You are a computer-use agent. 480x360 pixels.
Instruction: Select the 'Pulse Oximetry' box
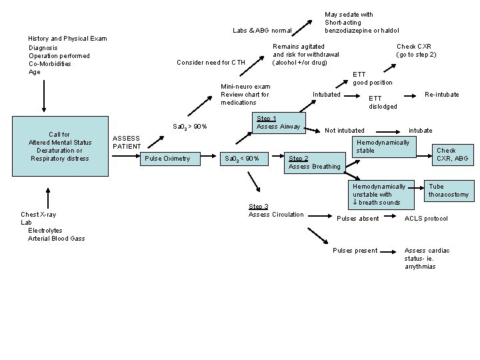(167, 158)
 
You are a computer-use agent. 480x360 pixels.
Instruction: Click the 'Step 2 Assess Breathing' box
(314, 162)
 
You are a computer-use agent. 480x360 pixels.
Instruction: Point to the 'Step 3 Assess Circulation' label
(276, 211)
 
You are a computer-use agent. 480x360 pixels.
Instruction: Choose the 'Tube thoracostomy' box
(449, 191)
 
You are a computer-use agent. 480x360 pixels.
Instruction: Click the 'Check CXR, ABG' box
(452, 155)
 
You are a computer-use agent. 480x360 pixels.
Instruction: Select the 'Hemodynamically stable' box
(383, 147)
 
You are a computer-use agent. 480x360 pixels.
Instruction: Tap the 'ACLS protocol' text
(426, 219)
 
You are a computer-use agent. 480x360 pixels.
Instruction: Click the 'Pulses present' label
(355, 251)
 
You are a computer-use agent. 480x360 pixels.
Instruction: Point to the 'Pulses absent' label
(359, 219)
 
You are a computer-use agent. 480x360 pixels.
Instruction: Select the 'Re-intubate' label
(442, 95)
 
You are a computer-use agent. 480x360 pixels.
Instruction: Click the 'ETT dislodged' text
(383, 102)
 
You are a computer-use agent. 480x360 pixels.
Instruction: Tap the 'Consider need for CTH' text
(211, 63)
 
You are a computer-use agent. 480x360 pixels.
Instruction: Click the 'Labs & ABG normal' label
(262, 30)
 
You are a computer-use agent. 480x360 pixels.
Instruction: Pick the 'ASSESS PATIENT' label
(127, 142)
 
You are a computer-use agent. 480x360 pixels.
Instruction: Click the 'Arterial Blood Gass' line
(57, 239)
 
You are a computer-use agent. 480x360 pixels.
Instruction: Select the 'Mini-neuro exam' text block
(245, 95)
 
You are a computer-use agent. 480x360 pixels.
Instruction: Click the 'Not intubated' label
(345, 130)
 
